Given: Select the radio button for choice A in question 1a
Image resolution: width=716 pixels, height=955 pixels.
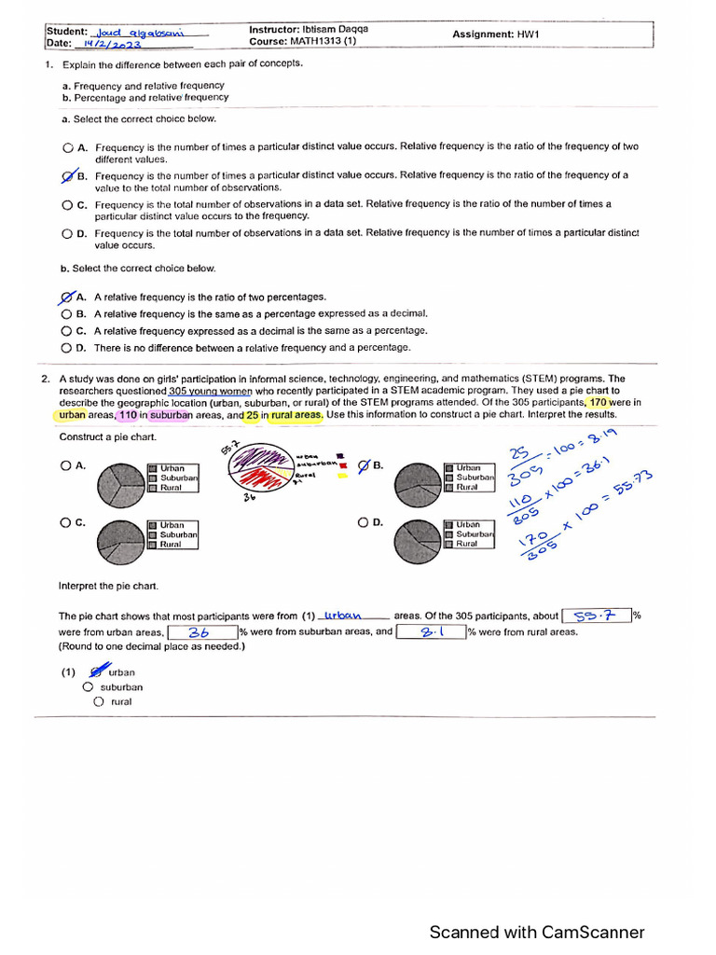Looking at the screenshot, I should (x=67, y=147).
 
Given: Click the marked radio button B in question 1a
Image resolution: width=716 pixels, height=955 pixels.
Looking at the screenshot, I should (x=67, y=175).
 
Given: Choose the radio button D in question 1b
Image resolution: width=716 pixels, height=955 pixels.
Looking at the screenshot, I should (x=67, y=348).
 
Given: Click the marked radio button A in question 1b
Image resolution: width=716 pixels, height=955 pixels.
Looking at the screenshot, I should (x=67, y=297).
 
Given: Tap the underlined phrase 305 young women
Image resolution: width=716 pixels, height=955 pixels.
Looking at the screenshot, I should (x=211, y=391).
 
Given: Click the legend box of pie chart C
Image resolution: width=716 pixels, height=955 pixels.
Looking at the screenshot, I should (x=172, y=534).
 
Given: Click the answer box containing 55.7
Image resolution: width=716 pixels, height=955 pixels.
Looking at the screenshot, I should (x=596, y=616).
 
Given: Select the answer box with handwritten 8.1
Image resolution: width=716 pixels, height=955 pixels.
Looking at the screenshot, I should (x=430, y=632).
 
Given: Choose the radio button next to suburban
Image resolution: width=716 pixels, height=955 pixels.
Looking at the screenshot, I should (x=88, y=687).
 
